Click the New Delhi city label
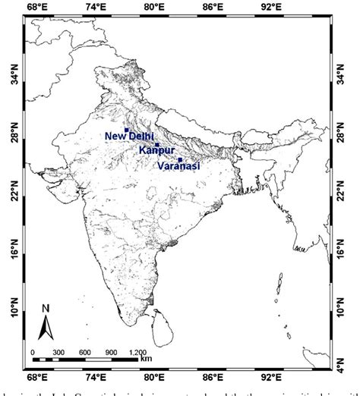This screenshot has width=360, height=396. point(129,137)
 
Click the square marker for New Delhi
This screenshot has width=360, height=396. point(127,130)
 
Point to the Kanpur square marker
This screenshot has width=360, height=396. point(157,145)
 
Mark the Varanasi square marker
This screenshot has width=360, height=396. point(180,159)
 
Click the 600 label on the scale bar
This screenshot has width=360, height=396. point(85,352)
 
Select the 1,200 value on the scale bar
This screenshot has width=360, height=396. point(137,352)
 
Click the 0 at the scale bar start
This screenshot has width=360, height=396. point(33,352)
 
